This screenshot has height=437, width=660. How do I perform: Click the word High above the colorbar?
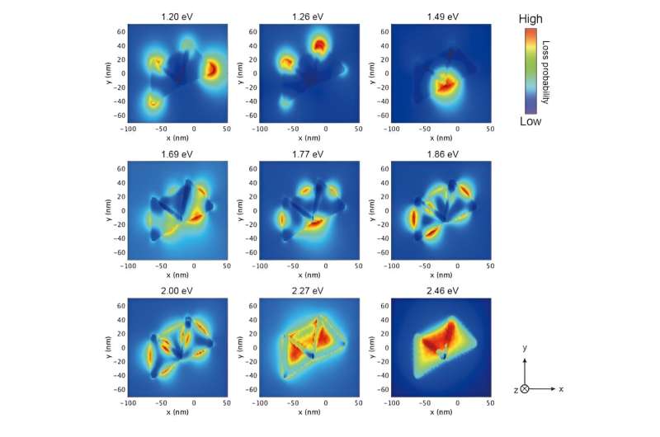tap(530, 18)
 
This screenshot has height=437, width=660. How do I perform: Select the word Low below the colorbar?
tap(530, 121)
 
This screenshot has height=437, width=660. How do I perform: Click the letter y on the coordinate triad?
tap(525, 350)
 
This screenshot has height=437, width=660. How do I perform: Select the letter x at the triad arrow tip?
tap(561, 388)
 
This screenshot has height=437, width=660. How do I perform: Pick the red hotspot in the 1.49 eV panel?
tap(446, 84)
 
